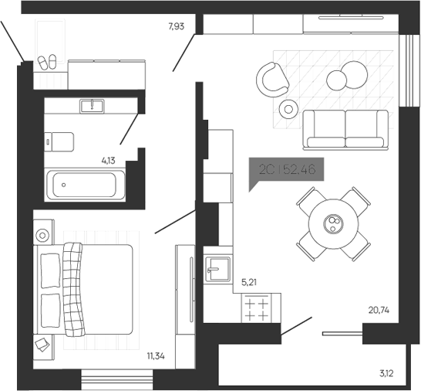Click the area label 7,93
coord(177,27)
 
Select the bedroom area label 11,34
coord(157,356)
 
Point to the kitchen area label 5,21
coord(250,283)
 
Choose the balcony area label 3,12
coord(388,375)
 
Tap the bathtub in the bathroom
coord(84,185)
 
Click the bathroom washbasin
coord(93,105)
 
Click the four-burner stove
coord(256,311)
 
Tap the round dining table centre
coord(333,224)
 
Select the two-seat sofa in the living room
coord(346,128)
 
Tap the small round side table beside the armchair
coord(289,109)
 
